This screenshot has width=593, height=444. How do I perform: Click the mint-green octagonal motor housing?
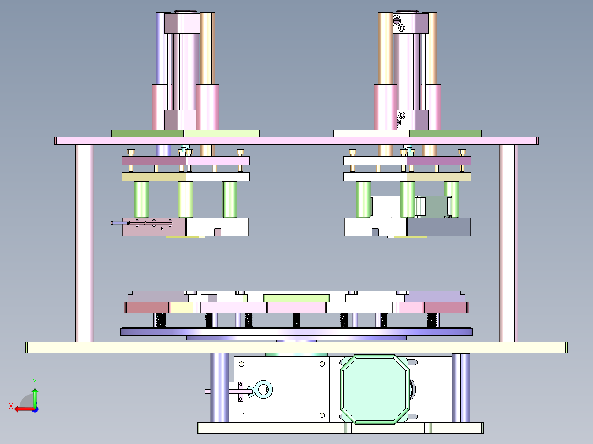[375, 389]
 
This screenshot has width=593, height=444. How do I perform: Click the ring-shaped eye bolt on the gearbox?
[263, 390]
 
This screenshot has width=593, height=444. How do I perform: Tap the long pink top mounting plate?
[296, 141]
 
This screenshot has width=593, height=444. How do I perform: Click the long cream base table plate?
[296, 348]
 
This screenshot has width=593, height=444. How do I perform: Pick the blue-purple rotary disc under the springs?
[296, 332]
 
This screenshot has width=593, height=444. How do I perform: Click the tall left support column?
[84, 243]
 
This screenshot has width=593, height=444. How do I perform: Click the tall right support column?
[509, 243]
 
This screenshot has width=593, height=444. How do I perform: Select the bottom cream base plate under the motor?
[341, 428]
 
